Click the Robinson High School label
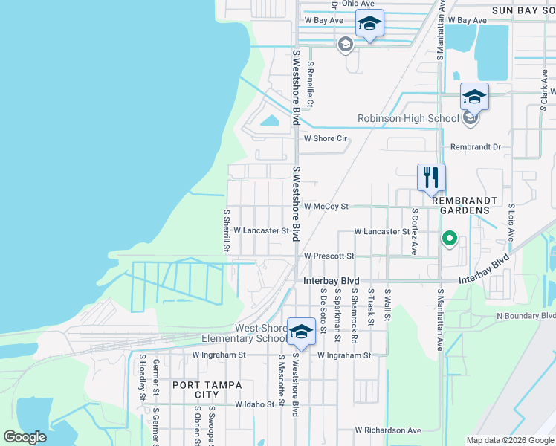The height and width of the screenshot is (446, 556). (x=408, y=118)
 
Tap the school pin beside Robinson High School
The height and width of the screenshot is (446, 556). (x=474, y=97)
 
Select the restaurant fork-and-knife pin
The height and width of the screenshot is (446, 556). (x=431, y=178)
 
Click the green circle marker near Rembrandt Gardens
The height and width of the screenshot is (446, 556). (x=449, y=239)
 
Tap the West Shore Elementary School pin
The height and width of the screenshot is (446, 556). (x=301, y=332)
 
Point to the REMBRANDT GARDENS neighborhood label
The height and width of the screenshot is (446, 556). (x=461, y=205)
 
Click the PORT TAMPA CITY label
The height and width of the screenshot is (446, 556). (x=196, y=389)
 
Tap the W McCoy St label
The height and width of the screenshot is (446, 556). (x=326, y=206)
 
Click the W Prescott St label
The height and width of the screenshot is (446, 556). (x=329, y=256)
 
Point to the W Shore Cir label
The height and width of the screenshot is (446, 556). (x=326, y=138)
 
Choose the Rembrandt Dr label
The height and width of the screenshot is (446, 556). (x=476, y=147)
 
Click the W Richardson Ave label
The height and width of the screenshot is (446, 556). (x=388, y=430)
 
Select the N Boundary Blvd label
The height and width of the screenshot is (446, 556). (x=526, y=315)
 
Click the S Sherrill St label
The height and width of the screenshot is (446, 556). (x=226, y=230)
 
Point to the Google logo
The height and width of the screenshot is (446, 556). (x=25, y=437)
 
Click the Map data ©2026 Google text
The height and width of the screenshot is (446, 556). (x=510, y=440)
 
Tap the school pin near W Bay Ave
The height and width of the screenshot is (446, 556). (x=369, y=25)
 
